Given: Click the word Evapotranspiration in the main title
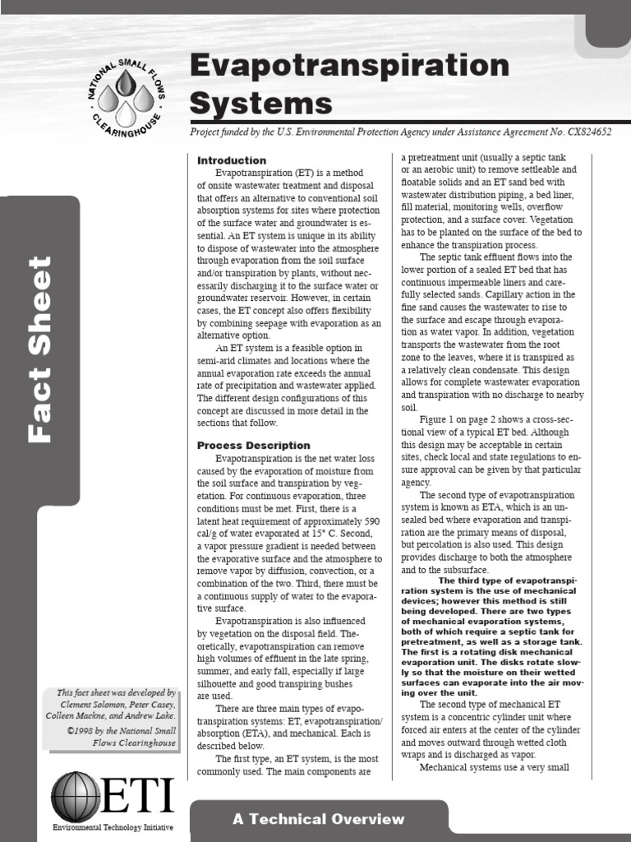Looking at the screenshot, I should tap(349, 67).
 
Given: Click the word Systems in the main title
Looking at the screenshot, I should tap(260, 104).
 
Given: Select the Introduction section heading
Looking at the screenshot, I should tap(231, 160).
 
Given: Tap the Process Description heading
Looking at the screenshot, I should tap(253, 445).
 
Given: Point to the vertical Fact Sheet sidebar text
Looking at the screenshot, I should tap(39, 349).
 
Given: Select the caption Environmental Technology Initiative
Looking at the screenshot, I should tap(113, 827).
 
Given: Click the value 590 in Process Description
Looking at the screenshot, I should tap(372, 522).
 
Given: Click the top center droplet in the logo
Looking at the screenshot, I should tap(126, 83).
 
